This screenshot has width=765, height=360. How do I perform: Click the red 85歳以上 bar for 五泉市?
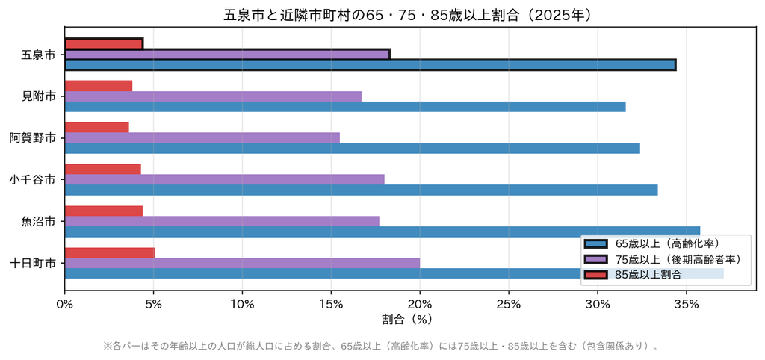click(104, 44)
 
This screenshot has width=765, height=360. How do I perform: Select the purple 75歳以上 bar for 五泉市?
click(227, 54)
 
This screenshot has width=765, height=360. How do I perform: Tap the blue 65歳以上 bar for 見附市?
click(345, 106)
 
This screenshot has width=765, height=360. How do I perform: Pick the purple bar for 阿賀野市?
click(202, 137)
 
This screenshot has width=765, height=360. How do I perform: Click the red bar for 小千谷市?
click(102, 169)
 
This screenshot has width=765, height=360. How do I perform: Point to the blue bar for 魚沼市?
click(382, 232)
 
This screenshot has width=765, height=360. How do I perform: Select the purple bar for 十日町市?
click(242, 263)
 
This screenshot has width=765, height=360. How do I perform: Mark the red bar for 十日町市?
click(110, 252)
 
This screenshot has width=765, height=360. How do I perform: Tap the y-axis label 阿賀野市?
click(32, 138)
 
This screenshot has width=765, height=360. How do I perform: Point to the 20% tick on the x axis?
click(420, 291)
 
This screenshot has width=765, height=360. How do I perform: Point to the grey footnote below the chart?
click(382, 347)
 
